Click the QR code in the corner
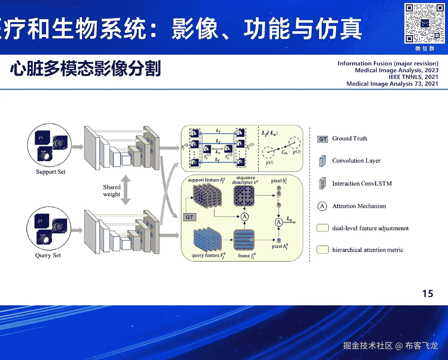(x=424, y=23)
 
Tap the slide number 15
(x=428, y=293)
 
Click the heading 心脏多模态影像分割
(x=86, y=69)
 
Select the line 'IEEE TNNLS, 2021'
(x=413, y=77)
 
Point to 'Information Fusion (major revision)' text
(x=388, y=63)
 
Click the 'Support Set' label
(x=51, y=172)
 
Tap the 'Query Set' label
(x=48, y=255)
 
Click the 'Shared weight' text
(x=112, y=191)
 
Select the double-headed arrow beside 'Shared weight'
(x=126, y=190)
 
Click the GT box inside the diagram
(x=189, y=217)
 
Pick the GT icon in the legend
(x=323, y=139)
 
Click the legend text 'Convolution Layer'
(x=356, y=161)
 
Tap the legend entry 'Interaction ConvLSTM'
(x=362, y=183)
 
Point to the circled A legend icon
(x=322, y=206)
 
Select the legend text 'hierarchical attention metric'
(x=367, y=250)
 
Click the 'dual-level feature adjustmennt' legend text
(x=370, y=228)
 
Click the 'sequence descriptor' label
(x=245, y=180)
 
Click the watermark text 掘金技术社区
(x=368, y=346)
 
